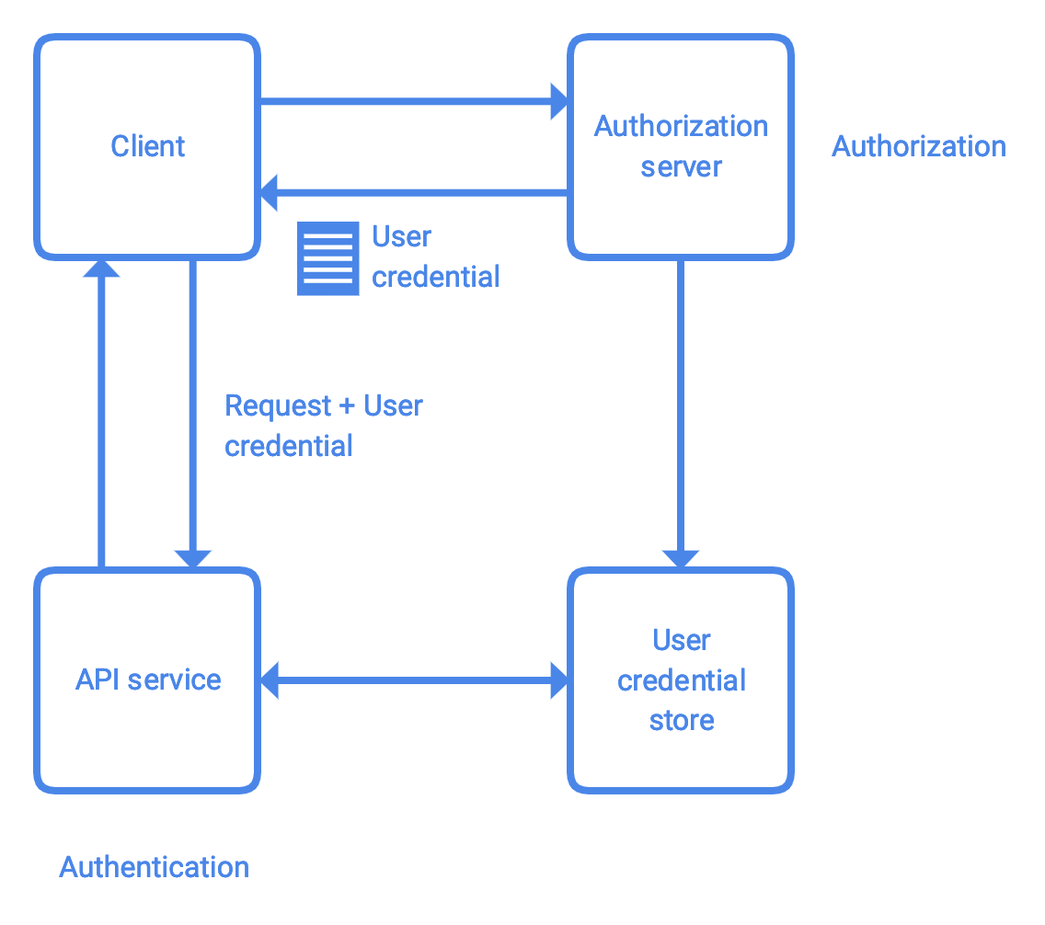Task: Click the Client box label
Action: pos(147,146)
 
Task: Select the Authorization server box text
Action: pos(681,146)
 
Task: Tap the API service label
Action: pos(148,679)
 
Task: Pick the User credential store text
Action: pos(681,679)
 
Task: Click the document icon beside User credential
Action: pos(327,258)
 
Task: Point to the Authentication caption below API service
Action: pos(155,867)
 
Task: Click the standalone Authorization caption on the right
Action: pos(918,146)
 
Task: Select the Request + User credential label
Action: pos(323,426)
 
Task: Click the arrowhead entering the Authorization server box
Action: pos(560,101)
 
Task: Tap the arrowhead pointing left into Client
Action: pos(269,193)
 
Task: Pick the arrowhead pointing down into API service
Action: pos(193,558)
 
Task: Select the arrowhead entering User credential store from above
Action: pos(681,558)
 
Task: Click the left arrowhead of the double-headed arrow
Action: pos(270,680)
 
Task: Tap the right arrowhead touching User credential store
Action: pos(559,680)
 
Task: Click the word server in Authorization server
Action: pos(681,167)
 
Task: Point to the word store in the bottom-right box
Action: pos(681,720)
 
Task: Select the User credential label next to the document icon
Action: pos(435,257)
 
